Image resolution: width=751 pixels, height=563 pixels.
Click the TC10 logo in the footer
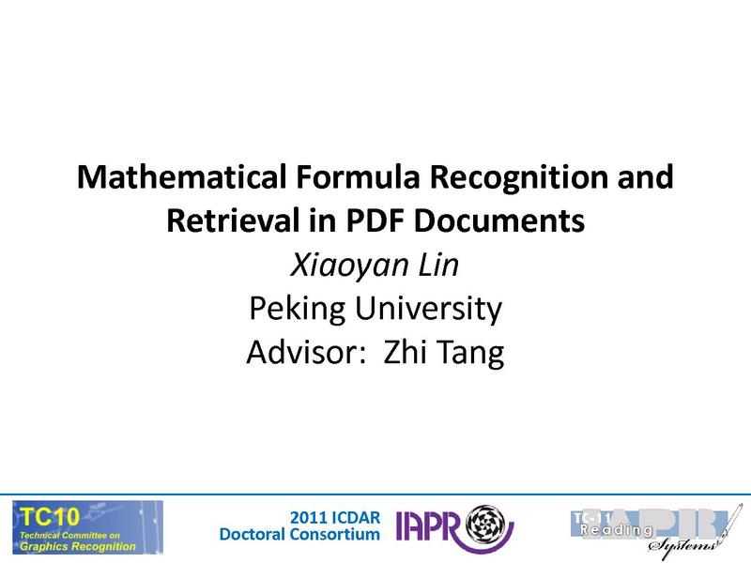tap(87, 526)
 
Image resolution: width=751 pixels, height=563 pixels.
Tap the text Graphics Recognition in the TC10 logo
tap(79, 546)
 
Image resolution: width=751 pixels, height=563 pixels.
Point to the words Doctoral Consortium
tap(299, 535)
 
